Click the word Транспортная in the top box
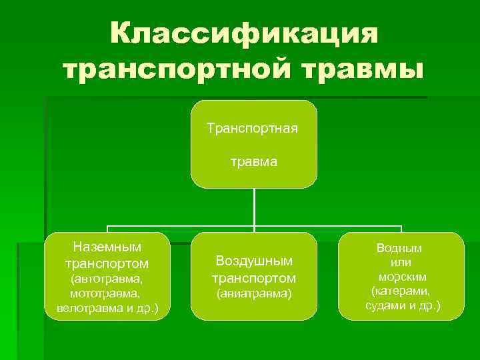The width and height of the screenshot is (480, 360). point(253,127)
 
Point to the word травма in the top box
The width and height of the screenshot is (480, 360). point(254,161)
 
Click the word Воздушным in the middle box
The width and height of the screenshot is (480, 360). point(254,261)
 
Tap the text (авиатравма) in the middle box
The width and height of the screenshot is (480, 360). point(254,293)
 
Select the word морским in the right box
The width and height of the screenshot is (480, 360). point(402,277)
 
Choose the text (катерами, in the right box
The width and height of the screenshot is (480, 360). point(401,291)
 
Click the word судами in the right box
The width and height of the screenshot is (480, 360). point(385,306)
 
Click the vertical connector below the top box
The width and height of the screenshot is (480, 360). point(254,207)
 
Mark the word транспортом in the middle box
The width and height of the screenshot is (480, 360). point(254,277)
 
